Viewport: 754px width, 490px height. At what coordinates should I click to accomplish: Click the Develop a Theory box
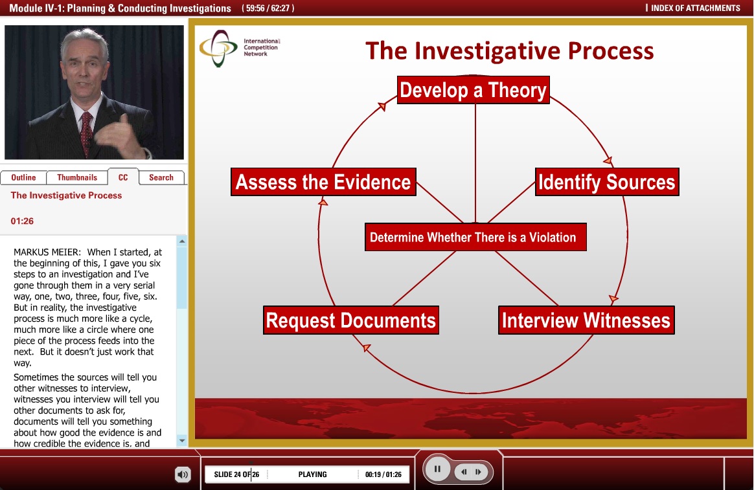474,90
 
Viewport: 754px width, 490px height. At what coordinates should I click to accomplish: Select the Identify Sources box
607,182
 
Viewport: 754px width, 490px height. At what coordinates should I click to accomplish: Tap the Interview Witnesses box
586,320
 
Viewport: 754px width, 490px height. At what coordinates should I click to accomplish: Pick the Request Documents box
351,320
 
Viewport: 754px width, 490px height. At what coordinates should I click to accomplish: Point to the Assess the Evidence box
323,182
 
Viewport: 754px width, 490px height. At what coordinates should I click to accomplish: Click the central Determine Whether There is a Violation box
475,238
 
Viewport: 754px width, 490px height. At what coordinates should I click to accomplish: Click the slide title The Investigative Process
509,50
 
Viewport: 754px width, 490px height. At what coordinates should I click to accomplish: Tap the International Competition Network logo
219,49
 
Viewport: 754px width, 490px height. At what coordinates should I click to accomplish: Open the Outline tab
23,177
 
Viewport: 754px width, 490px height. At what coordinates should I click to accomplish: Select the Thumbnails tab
77,177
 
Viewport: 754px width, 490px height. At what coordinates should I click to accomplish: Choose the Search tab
161,177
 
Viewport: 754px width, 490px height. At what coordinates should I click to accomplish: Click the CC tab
122,177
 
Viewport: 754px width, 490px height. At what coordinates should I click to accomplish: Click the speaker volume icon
183,475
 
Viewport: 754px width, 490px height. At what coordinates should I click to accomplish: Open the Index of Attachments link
694,8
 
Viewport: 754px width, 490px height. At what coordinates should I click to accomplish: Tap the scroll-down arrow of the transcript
182,441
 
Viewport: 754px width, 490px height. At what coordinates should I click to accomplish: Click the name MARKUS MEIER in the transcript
49,252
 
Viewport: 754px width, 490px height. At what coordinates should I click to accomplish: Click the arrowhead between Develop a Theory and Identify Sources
608,161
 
